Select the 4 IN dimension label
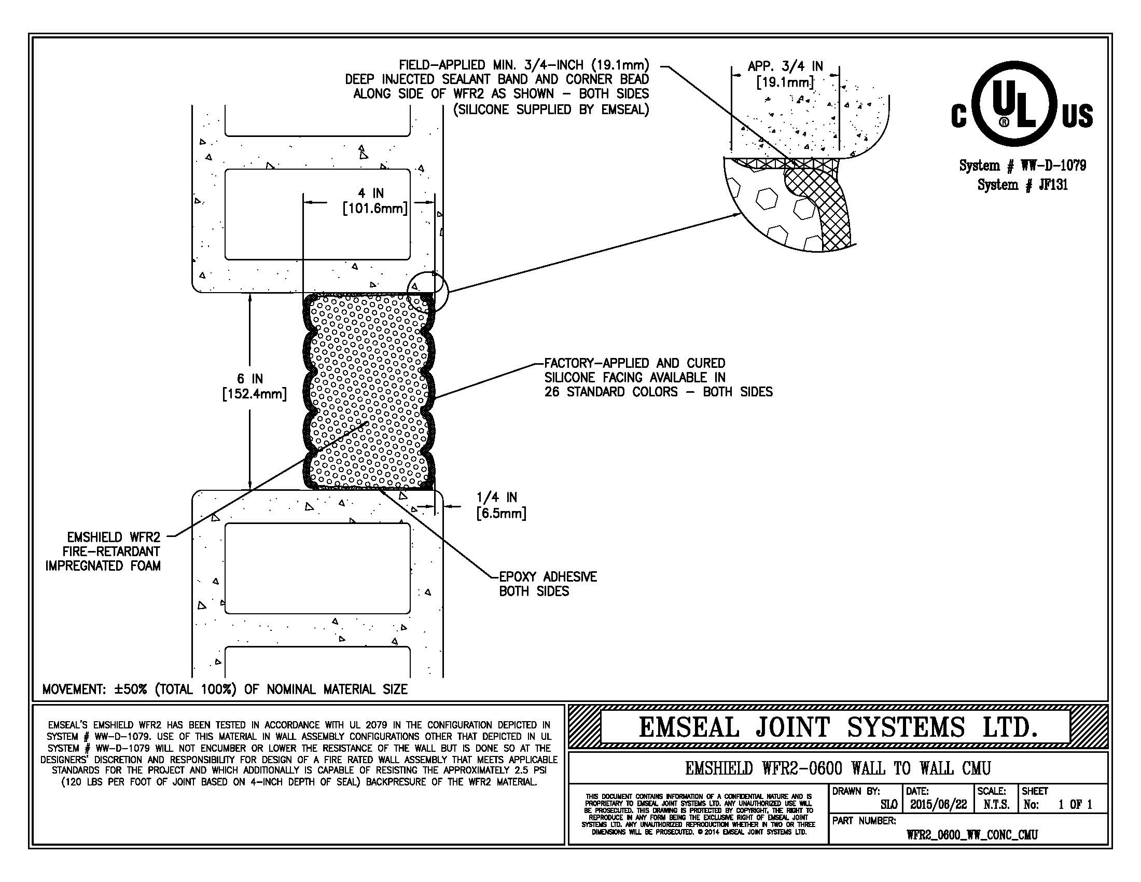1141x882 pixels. tap(374, 201)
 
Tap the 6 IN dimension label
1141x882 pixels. tap(255, 386)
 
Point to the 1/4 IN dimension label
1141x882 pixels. tap(501, 505)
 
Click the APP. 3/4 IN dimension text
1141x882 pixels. tap(785, 74)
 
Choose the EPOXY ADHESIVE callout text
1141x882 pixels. tap(548, 584)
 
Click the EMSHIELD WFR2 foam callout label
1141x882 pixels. tap(103, 551)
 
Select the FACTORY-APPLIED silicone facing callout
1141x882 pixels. tap(658, 377)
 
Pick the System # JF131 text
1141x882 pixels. tap(1022, 185)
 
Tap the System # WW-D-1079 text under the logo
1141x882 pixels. tap(1022, 166)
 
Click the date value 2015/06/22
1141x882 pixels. tap(938, 805)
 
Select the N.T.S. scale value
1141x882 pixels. tap(996, 805)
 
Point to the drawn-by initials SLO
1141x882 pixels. tap(888, 805)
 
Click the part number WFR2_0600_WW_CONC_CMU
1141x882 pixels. tap(972, 834)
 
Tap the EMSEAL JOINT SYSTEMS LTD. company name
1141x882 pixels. tap(838, 727)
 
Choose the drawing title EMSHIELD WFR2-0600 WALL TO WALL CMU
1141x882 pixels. tap(838, 768)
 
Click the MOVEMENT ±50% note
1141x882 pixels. tap(225, 689)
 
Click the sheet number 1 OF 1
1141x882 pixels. tap(1075, 805)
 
